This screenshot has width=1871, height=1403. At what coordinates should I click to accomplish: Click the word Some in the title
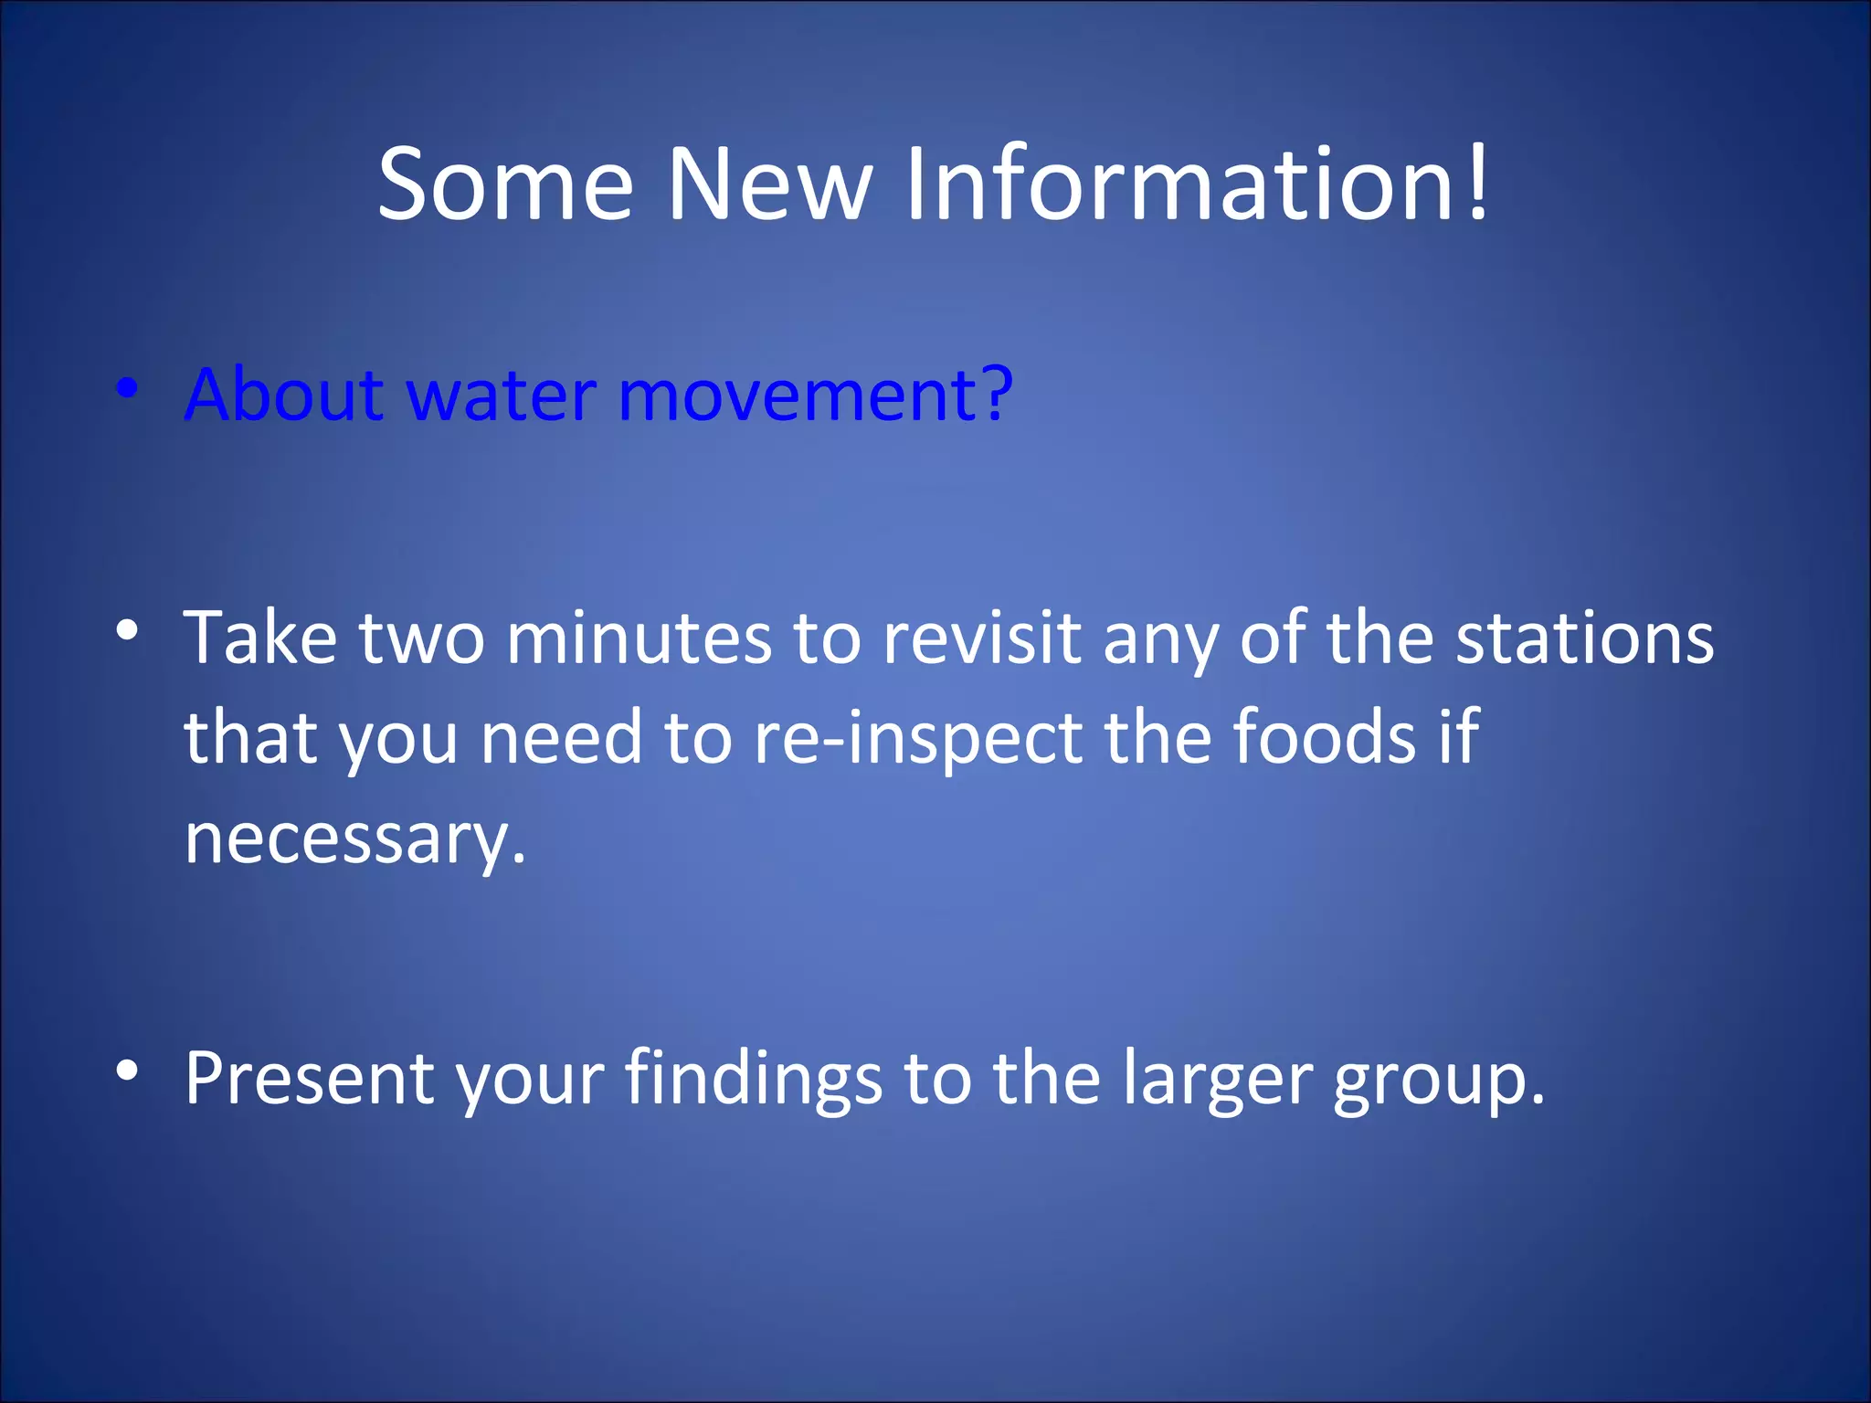click(505, 185)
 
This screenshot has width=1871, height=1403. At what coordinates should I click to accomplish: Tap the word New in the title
click(769, 185)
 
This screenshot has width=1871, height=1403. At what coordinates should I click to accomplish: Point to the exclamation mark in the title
click(1477, 183)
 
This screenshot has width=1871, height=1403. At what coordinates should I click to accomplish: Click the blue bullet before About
click(128, 389)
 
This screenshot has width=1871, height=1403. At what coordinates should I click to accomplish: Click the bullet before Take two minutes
click(128, 630)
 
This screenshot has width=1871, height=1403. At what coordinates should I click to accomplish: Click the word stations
click(1584, 638)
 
